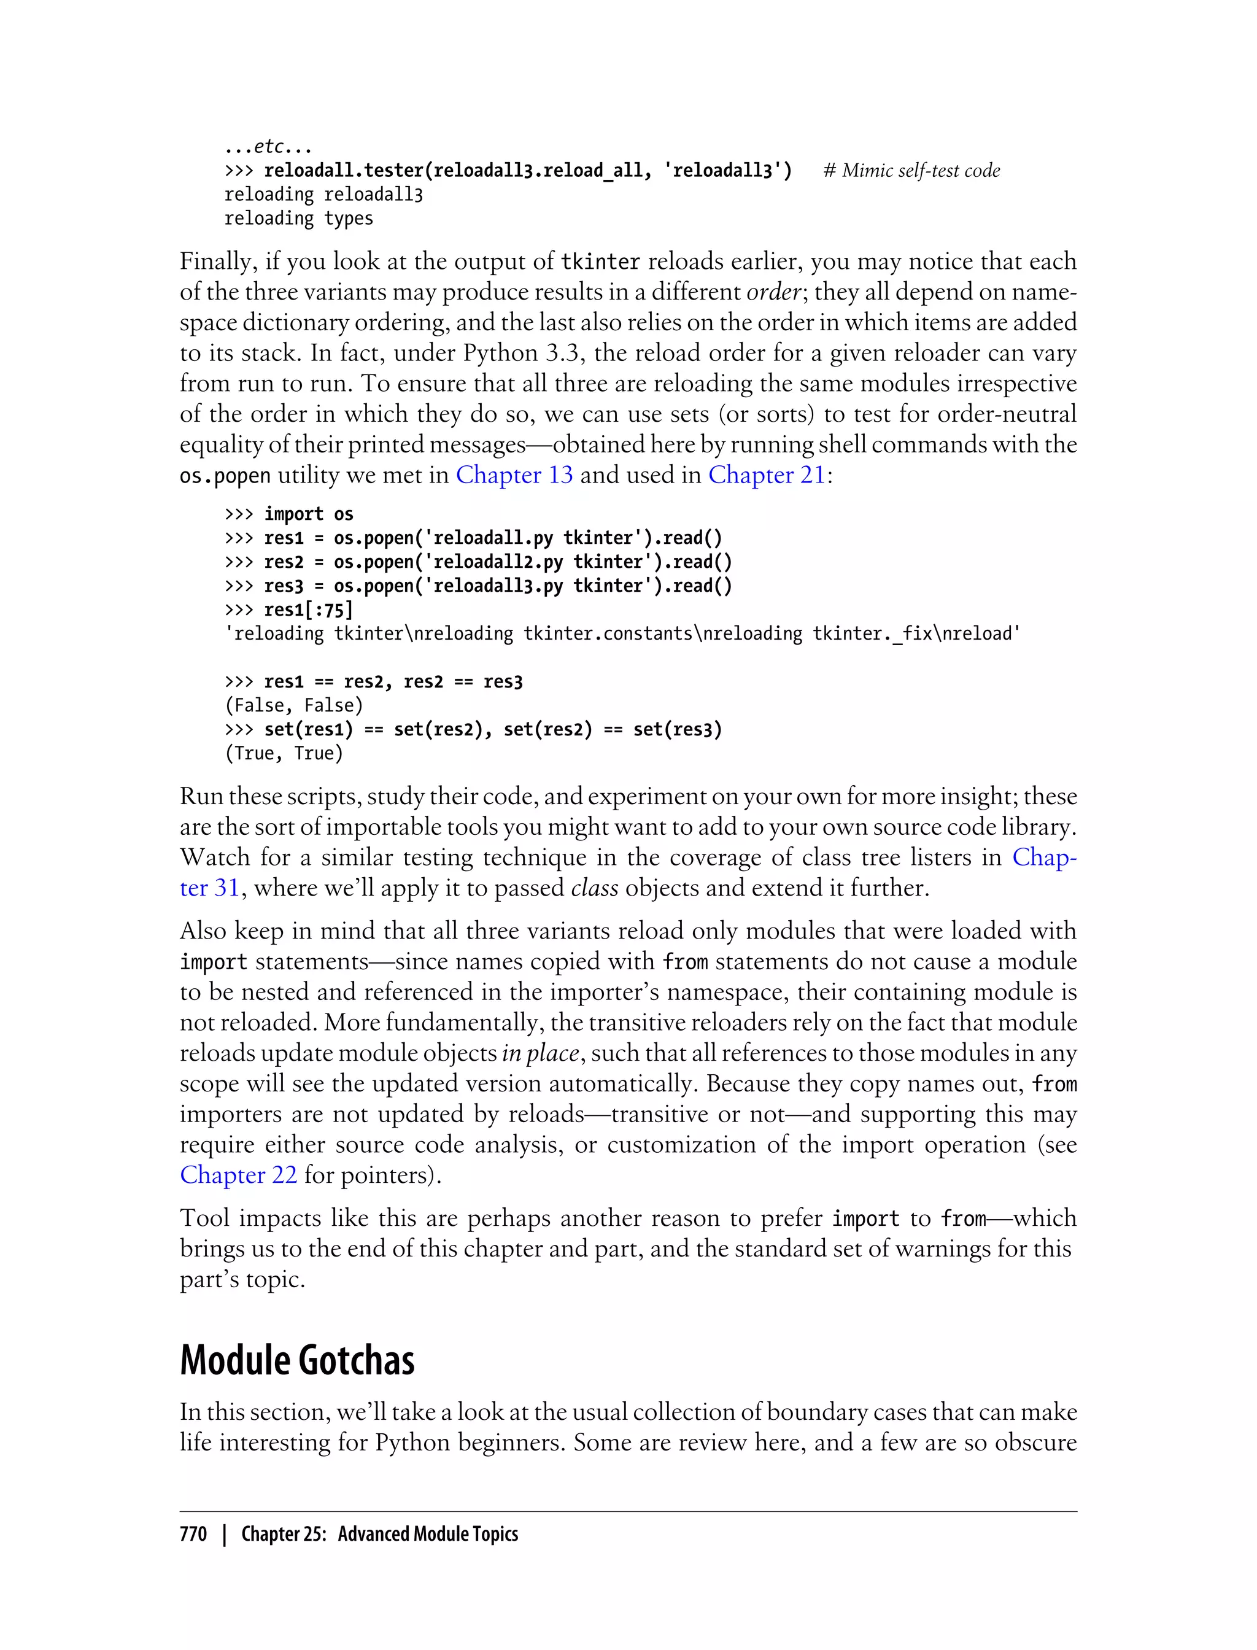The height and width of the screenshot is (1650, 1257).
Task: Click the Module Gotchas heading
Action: [297, 1360]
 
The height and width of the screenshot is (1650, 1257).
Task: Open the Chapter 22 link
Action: [238, 1175]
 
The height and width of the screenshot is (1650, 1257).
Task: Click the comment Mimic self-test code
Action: [911, 171]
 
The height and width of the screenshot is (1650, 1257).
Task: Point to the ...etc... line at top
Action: [268, 147]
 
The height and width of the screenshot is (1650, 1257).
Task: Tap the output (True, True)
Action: [284, 754]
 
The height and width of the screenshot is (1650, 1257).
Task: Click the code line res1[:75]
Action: [307, 610]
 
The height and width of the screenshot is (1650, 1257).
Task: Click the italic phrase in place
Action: [540, 1053]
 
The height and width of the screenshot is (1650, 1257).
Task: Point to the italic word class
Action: [594, 888]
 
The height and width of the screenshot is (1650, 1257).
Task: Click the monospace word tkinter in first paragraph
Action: [600, 262]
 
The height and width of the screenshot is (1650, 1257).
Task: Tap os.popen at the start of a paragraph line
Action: [225, 476]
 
